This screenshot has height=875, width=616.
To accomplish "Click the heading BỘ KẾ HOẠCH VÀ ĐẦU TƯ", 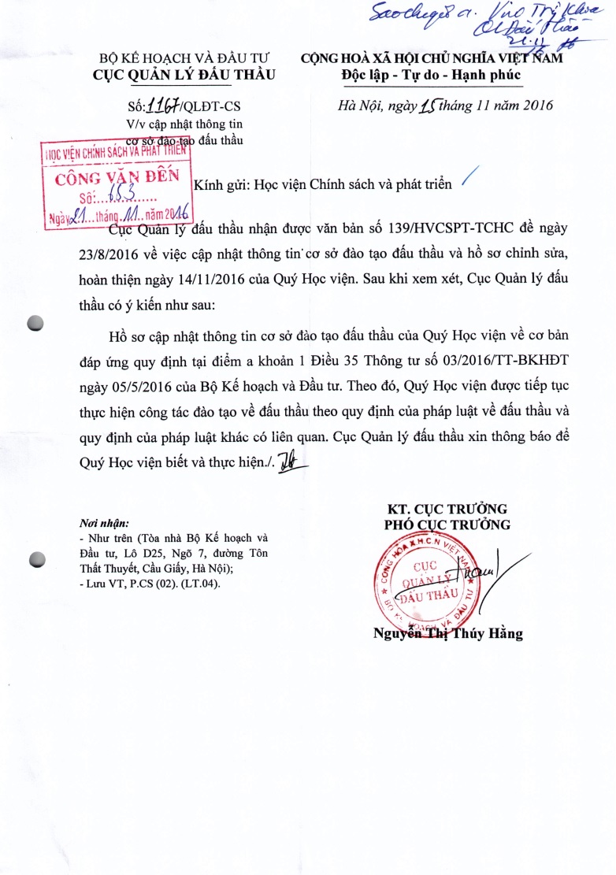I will click(184, 59).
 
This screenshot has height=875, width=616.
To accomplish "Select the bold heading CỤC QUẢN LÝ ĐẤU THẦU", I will click(184, 76).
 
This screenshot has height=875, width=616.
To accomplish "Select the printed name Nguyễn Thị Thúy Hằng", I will click(448, 633).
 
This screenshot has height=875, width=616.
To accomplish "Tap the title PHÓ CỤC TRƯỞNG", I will click(447, 525).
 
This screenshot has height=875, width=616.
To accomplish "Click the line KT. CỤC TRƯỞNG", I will click(447, 508).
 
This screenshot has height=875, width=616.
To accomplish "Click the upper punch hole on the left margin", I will click(35, 322).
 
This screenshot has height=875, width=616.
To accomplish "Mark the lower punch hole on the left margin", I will click(35, 559).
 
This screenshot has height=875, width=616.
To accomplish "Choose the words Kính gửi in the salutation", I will click(220, 185).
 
